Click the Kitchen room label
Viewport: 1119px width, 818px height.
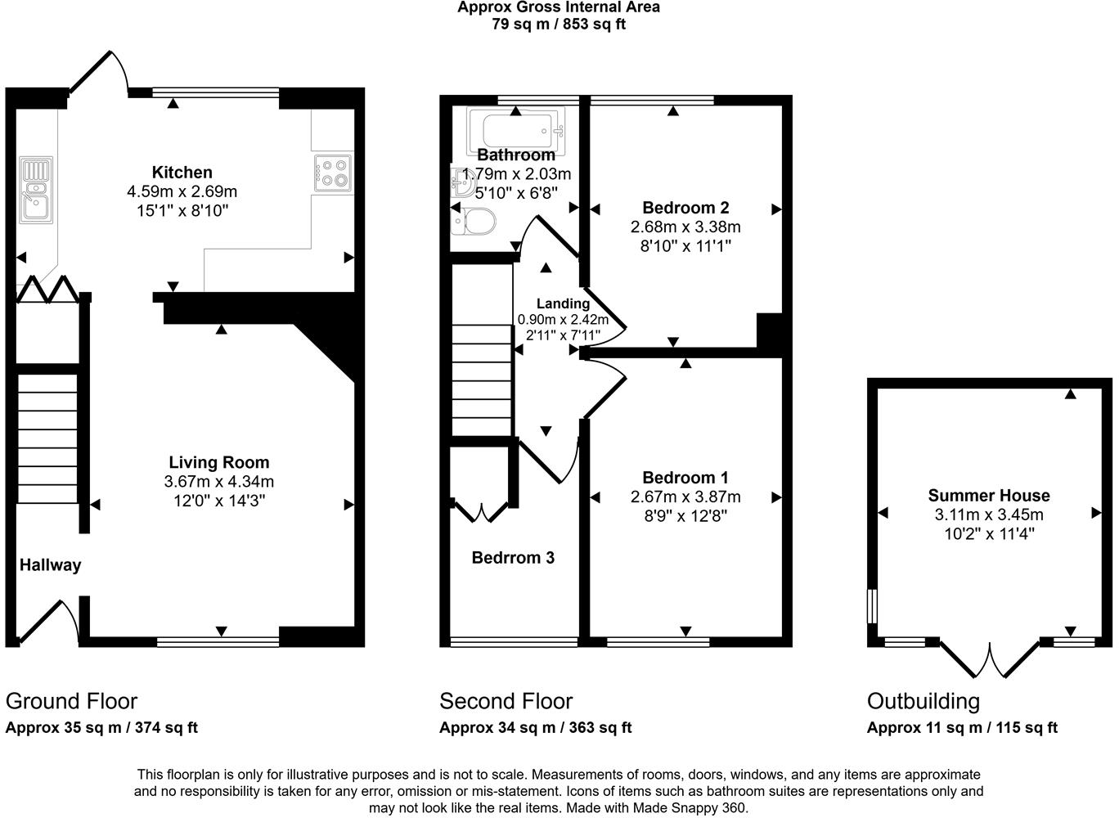click(182, 173)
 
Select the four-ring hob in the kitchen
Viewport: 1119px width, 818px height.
click(333, 173)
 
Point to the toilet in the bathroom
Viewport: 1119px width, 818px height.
click(474, 221)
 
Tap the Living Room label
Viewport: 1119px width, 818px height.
click(218, 463)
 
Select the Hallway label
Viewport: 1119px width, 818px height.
click(50, 565)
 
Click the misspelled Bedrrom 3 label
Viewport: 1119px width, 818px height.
click(513, 558)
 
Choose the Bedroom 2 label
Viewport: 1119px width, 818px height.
click(685, 208)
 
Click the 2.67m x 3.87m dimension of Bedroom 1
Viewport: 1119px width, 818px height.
click(685, 497)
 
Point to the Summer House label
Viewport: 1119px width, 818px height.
click(988, 496)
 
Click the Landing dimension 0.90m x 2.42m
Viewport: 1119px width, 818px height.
click(563, 320)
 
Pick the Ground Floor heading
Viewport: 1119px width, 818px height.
click(71, 701)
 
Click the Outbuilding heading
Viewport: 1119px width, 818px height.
click(923, 701)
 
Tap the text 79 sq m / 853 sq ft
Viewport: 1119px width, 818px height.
click(559, 24)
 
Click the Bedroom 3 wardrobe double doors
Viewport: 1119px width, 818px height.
click(482, 511)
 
